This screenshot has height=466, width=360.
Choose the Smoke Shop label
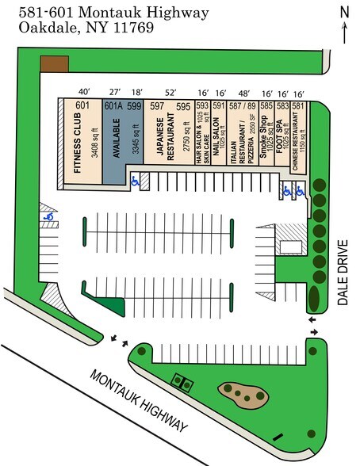[x=263, y=141]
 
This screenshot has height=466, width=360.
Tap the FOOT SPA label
[x=280, y=141]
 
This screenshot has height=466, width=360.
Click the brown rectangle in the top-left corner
[x=55, y=63]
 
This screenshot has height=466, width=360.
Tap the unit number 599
[x=134, y=106]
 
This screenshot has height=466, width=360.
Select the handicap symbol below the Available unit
[x=134, y=180]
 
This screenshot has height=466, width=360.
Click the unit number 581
[x=298, y=106]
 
